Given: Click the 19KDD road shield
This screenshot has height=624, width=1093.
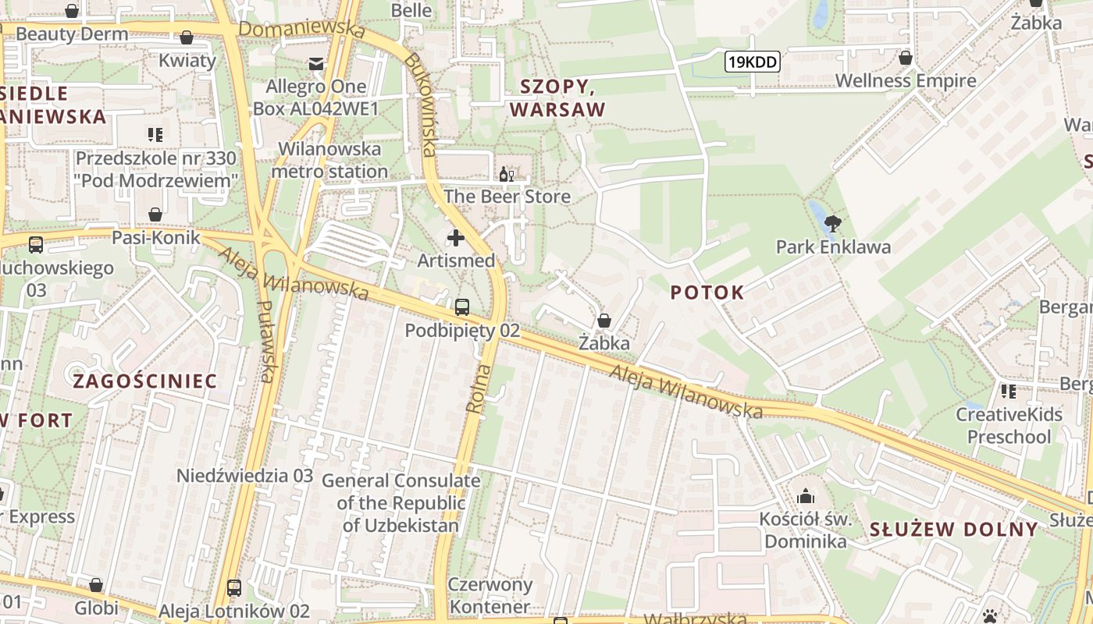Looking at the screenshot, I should click(753, 62).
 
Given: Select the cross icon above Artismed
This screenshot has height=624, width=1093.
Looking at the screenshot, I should click(456, 237).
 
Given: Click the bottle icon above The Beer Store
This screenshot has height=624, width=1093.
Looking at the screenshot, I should click(507, 174).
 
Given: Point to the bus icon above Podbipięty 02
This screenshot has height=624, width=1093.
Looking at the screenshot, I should click(462, 307).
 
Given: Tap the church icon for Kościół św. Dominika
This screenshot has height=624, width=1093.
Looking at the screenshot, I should click(805, 496).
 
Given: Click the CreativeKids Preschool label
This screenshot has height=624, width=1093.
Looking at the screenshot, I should click(1009, 425).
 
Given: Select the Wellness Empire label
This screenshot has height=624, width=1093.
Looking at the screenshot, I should click(906, 80).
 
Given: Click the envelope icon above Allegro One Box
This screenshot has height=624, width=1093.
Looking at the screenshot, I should click(316, 64).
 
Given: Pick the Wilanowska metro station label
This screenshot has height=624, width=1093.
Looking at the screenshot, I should click(330, 160).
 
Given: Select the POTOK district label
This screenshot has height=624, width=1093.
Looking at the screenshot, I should click(707, 292).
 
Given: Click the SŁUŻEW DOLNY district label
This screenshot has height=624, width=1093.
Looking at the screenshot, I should click(954, 530).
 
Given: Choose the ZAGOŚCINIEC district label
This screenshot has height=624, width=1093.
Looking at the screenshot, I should click(144, 381).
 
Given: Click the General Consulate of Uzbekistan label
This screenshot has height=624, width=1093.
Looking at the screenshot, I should click(401, 502).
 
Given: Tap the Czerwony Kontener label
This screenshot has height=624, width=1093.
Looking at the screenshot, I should click(490, 595).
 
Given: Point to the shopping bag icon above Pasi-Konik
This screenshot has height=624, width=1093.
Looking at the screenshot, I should click(155, 214).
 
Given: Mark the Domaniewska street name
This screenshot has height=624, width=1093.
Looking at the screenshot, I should click(301, 30).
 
